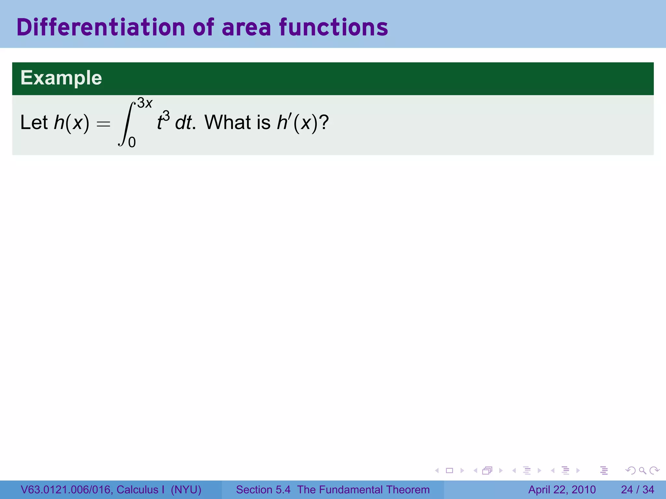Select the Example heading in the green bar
coord(61,78)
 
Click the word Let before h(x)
coord(34,122)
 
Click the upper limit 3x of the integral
coord(145,103)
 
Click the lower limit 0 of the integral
coord(132,142)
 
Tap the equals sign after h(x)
coord(103,124)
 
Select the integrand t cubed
coord(163,121)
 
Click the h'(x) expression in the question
coord(297,122)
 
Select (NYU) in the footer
coord(186,490)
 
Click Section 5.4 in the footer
coord(263,490)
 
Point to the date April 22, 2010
coord(562,490)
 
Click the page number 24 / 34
coord(637,490)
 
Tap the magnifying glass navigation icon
coord(642,470)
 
